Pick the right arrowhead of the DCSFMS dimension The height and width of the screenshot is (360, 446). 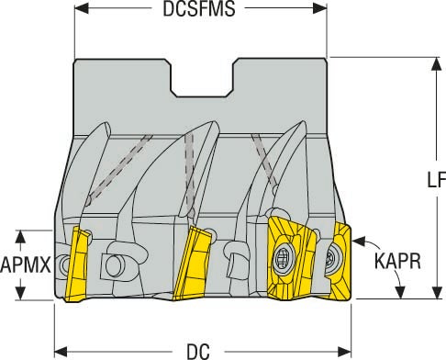321,10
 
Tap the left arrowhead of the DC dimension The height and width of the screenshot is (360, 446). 61,350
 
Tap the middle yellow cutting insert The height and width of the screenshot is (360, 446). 195,258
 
